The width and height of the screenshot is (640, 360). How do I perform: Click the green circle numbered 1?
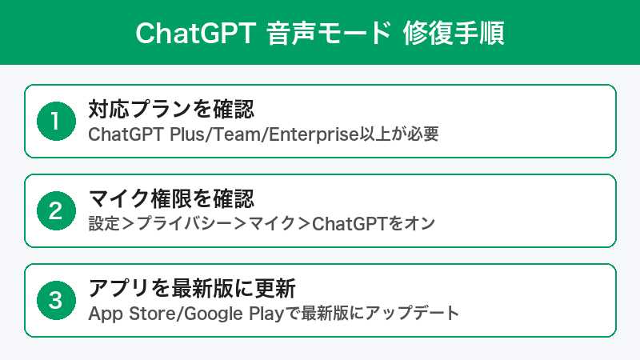[x=54, y=121]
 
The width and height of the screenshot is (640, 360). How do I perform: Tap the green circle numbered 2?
[x=54, y=210]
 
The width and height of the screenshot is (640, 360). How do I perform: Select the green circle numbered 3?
[x=54, y=300]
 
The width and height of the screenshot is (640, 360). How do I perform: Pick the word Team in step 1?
[x=238, y=134]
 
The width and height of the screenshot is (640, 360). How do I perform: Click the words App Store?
[x=132, y=313]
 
